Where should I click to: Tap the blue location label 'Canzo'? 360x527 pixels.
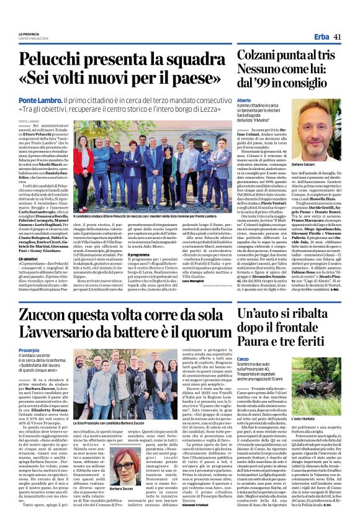[x=244, y=358]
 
